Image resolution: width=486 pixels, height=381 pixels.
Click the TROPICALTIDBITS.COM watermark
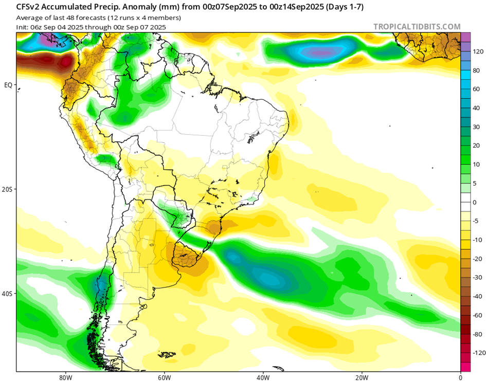[417, 26]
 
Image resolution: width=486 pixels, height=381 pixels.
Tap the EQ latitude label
[9, 85]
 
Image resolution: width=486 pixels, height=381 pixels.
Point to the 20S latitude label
[8, 189]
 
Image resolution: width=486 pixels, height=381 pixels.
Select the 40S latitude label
[8, 294]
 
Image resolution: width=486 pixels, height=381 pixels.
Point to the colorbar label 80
[476, 70]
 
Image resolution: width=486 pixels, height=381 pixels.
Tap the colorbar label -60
[477, 315]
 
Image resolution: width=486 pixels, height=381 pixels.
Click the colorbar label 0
[475, 202]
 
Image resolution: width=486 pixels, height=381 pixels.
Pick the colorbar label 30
[476, 127]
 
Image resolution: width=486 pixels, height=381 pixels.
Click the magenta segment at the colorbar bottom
[465, 367]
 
